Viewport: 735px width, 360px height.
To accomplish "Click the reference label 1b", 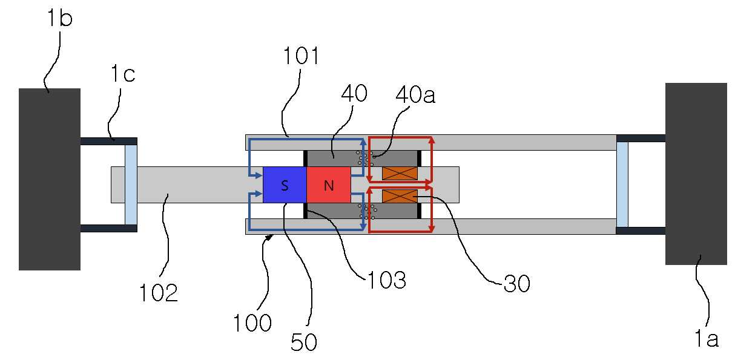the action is pos(60,18).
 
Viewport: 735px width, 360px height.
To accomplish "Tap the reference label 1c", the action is pos(123,73).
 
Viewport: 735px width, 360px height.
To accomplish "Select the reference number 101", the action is pos(300,56).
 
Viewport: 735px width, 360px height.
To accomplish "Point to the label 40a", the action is pos(415,95).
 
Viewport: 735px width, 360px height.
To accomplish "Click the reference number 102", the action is pos(159,292).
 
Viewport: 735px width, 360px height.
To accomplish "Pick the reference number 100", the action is pos(252,322).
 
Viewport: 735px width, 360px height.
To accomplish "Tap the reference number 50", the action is pos(304,342).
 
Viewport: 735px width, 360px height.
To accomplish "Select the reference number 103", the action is pos(386,280).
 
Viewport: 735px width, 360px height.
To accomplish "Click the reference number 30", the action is pos(517,284).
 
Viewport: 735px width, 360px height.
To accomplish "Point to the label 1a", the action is pos(707,338).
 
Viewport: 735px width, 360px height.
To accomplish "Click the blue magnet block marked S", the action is pos(285,185).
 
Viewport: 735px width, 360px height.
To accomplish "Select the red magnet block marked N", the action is pos(329,185).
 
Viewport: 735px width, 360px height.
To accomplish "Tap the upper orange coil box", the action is pos(400,174).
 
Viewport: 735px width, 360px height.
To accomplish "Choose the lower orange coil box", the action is pos(400,196).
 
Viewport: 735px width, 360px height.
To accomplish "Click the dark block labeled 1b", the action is pos(50,179).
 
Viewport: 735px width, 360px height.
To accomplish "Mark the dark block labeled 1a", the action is pos(696,174).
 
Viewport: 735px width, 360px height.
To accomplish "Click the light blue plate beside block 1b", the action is pos(131,185).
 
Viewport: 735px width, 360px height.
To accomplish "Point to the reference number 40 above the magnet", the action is pos(354,93).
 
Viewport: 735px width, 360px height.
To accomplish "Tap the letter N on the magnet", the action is pos(329,186).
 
